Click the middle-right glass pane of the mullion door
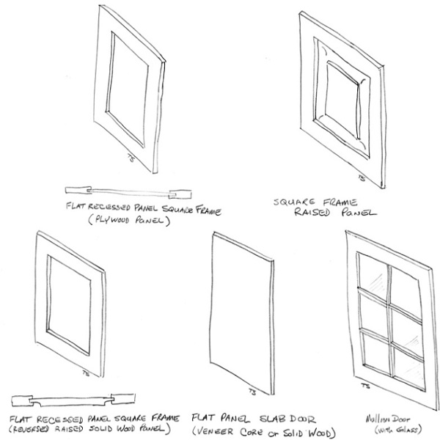coord(405,321)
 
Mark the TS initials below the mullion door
coord(364,384)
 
